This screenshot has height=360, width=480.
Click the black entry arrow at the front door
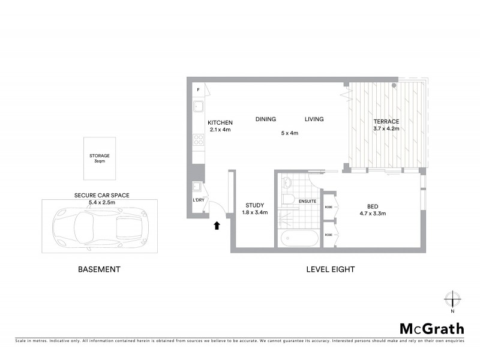point(217,226)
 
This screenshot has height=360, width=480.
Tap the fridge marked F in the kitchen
point(198,89)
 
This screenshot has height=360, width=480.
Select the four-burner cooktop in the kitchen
point(198,140)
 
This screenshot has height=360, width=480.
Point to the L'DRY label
point(198,200)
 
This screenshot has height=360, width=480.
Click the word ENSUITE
point(307,200)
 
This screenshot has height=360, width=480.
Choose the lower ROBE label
point(328,235)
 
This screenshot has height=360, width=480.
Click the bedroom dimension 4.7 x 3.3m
point(372,213)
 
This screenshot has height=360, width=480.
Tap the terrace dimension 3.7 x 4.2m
point(386,129)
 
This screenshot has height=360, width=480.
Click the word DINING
point(265,119)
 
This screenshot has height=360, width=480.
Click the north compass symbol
point(452,299)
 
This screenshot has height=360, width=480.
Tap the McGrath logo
point(431,328)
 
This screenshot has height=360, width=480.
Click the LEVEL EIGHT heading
point(330,269)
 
